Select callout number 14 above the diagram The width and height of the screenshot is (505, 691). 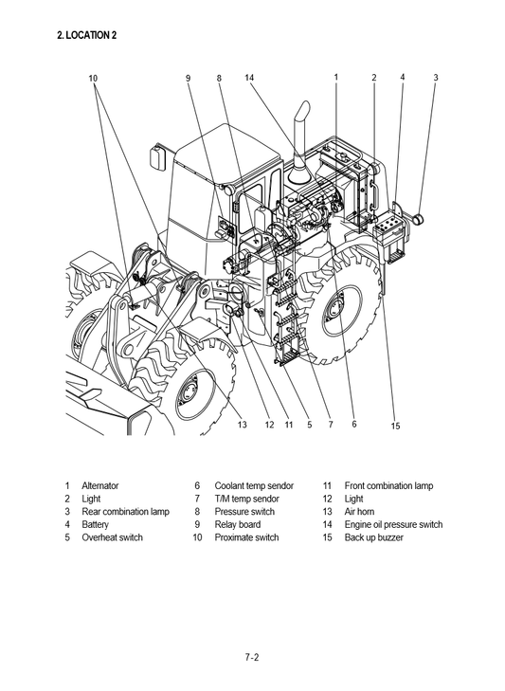249,78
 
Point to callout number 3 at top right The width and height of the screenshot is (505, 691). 436,78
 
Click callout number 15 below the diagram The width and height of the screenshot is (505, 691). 395,427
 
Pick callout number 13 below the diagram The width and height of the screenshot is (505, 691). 242,425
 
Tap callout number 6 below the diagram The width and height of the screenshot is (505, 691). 353,424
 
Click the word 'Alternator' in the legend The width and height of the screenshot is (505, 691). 99,485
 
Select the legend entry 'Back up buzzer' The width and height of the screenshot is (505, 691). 373,537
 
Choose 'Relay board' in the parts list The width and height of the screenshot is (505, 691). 238,524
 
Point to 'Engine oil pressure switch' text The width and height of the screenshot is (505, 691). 393,524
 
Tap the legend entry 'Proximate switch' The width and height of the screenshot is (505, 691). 246,537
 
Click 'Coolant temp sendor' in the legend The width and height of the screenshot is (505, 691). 254,485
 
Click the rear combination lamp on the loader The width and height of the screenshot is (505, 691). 414,217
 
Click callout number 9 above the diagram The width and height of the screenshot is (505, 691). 188,78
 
